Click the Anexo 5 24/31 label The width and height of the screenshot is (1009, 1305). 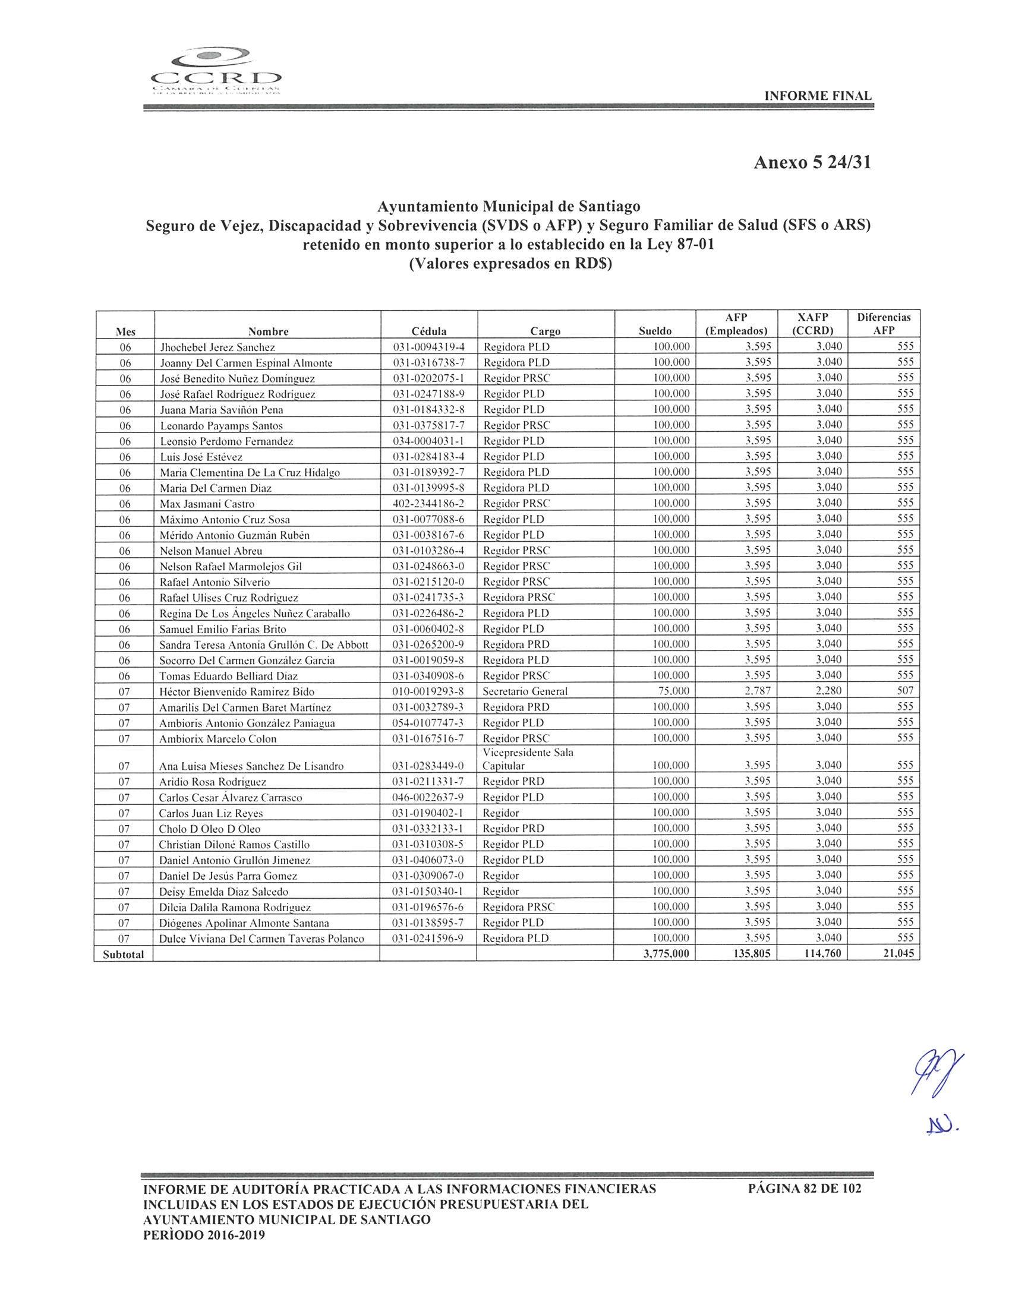(812, 163)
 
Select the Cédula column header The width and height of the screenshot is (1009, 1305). (428, 331)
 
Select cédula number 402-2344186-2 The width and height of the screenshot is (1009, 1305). (428, 504)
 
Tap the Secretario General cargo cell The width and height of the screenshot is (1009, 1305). (525, 691)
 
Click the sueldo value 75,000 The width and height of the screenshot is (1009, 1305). (673, 691)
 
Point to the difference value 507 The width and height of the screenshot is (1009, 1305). (906, 691)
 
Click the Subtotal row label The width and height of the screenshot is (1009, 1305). (123, 955)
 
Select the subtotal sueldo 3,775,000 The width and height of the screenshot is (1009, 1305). (667, 955)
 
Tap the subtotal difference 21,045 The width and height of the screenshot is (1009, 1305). (898, 955)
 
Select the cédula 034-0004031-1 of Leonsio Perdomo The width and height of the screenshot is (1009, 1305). (428, 441)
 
